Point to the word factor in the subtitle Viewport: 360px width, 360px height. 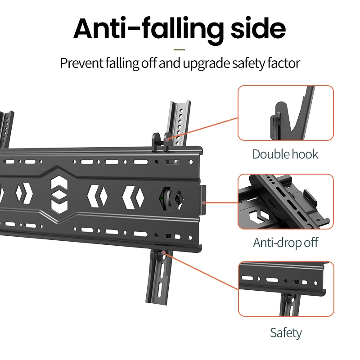(282, 63)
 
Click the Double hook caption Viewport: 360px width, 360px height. (285, 154)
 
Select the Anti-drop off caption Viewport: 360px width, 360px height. (285, 243)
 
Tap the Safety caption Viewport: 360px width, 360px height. (285, 333)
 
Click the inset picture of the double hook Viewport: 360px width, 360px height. (285, 113)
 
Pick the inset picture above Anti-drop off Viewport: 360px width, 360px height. (285, 202)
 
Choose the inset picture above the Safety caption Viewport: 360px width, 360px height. (285, 288)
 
